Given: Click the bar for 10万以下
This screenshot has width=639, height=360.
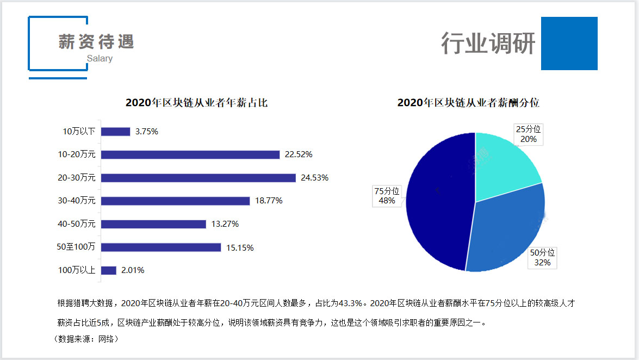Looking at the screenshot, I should (x=115, y=132).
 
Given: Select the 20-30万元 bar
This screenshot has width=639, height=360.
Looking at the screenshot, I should (x=198, y=178).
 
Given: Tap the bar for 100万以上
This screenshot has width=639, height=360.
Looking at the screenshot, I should (x=109, y=270).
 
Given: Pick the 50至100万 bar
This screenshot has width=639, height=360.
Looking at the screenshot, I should (x=161, y=247).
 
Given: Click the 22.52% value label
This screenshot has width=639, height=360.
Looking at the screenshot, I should (x=299, y=154).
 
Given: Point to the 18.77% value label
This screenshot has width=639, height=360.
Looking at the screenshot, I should (x=269, y=201).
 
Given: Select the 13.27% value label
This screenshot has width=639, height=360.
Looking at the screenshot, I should (x=225, y=224).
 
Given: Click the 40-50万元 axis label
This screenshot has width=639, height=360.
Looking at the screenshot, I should (x=77, y=224).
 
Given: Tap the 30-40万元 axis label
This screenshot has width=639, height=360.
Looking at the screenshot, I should (x=77, y=201).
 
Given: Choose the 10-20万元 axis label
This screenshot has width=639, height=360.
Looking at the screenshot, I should (x=77, y=154).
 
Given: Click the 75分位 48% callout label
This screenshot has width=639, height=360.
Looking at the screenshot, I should (x=387, y=196).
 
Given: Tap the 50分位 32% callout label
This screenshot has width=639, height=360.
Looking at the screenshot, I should (x=542, y=258).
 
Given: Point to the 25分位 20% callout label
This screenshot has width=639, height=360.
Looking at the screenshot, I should (x=528, y=134).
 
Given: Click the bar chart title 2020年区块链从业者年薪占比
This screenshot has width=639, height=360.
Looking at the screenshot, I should (x=196, y=102).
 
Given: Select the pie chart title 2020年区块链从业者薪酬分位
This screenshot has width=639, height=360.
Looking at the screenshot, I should (x=468, y=102).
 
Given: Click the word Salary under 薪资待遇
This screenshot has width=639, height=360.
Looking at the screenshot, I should (x=100, y=58).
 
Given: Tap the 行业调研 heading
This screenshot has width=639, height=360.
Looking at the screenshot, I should (x=488, y=44).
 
